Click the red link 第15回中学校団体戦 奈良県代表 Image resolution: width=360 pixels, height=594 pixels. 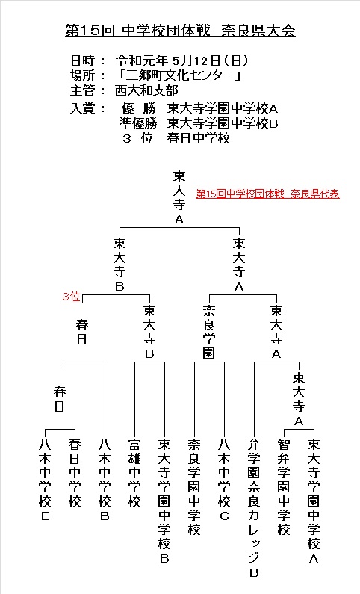point(267,194)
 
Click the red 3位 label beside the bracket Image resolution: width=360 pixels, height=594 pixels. point(71,296)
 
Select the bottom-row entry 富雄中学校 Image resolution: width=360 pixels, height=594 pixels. point(134,473)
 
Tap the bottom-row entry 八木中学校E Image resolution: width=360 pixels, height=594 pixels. point(45,480)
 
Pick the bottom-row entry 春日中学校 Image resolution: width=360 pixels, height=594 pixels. point(75,473)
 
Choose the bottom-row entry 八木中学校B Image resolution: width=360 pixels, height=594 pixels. point(105,480)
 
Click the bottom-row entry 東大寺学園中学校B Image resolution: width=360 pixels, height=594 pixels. point(164,501)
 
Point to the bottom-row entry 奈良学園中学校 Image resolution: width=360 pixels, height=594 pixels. point(194,487)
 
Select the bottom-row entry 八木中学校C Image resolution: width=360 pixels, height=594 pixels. point(224,480)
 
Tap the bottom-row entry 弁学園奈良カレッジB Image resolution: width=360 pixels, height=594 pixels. point(254,508)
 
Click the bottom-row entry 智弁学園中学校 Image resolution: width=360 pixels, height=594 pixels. point(284,487)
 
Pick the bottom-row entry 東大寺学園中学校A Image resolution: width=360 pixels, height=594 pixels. point(314,501)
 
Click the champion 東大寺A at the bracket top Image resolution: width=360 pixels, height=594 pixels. point(179,197)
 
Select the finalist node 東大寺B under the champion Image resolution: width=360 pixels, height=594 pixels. point(120,264)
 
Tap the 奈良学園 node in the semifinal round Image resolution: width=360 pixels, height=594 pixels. point(209,332)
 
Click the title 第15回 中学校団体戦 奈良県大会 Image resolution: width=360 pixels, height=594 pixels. point(180,31)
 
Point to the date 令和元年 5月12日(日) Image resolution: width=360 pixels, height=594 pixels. point(182,61)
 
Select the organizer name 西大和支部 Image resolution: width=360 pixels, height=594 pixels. point(146,90)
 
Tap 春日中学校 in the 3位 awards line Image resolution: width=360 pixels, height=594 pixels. point(199,138)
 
